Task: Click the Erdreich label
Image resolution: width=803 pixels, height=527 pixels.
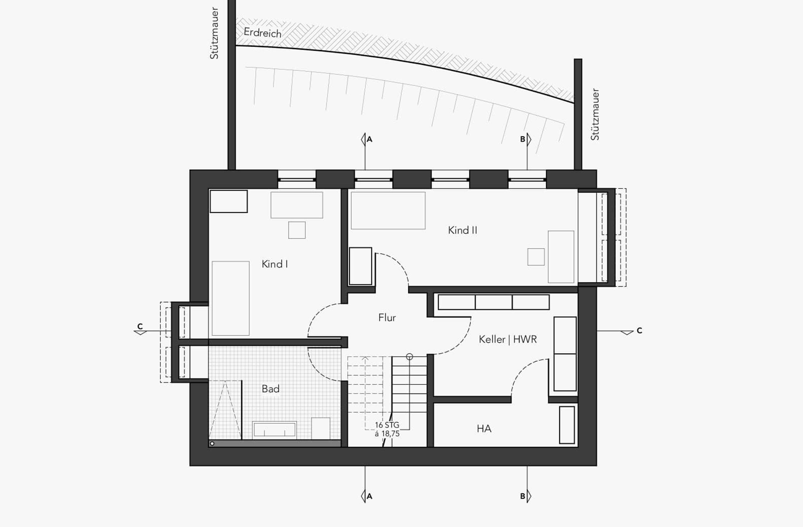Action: point(263,33)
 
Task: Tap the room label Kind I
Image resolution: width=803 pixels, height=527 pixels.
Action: point(275,264)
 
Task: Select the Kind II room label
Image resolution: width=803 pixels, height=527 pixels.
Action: point(462,230)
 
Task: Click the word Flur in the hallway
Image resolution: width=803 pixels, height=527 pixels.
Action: point(387,317)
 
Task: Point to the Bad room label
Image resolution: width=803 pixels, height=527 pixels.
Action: point(270,389)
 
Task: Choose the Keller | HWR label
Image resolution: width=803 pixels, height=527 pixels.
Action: point(508,339)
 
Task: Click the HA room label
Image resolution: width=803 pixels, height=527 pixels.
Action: point(484,429)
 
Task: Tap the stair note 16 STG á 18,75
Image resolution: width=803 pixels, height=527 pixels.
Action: point(387,429)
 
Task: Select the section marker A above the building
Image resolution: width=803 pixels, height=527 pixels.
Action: point(367,139)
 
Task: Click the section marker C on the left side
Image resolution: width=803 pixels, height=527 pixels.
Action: point(140,329)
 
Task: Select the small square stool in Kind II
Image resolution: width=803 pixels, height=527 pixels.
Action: point(536,257)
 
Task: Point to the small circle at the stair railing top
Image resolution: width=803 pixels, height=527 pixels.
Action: point(409,357)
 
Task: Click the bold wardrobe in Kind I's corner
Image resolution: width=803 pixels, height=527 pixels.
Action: point(228,201)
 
